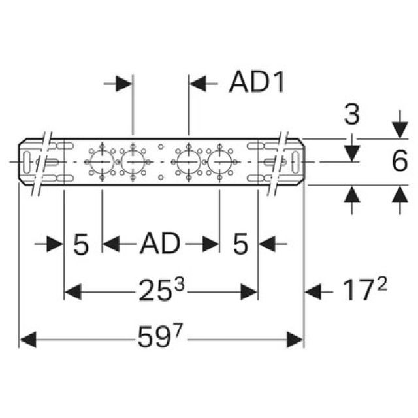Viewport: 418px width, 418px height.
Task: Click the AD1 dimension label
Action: coord(257,83)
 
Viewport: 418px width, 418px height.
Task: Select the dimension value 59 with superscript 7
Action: coord(159,336)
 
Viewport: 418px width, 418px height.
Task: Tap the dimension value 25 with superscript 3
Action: coord(161,290)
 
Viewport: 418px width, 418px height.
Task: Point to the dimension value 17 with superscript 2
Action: coord(364,290)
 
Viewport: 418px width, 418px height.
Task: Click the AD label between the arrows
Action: coord(160,243)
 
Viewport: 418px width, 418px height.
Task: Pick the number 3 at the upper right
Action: coord(352,115)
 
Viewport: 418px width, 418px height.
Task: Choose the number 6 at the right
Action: coord(400,161)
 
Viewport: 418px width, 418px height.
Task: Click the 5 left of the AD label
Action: coord(81,244)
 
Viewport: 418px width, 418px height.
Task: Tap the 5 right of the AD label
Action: coord(240,244)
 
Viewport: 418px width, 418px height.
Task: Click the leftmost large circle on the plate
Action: coord(102,162)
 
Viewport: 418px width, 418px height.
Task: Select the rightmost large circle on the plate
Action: coord(219,162)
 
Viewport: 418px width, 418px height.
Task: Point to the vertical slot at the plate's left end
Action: coord(27,162)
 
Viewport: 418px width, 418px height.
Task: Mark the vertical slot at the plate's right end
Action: coord(295,162)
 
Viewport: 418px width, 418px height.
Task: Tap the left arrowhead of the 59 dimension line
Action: coord(28,340)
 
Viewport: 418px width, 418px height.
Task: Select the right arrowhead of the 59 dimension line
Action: coord(295,340)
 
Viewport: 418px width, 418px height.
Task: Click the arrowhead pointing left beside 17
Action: coord(313,292)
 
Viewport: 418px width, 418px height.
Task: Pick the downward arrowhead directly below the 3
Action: coord(352,153)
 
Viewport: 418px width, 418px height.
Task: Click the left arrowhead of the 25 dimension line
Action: coord(73,292)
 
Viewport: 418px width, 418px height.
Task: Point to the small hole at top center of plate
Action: coord(161,146)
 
